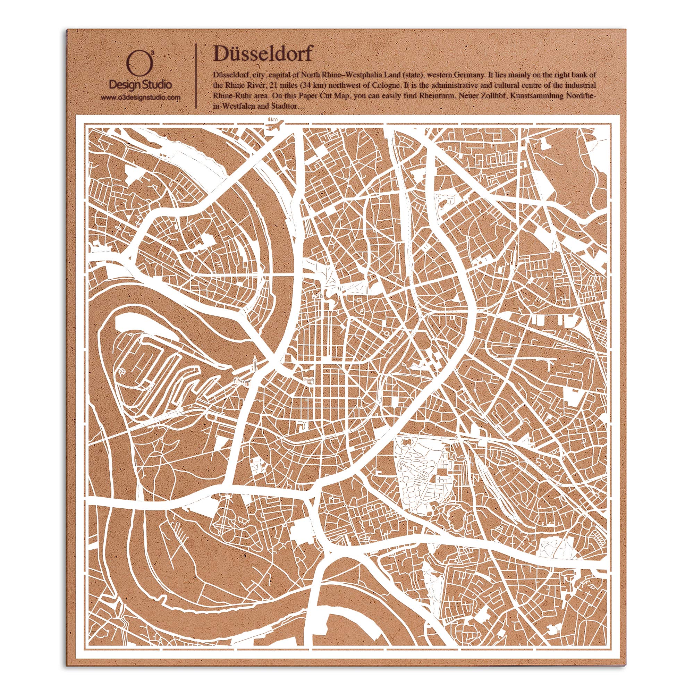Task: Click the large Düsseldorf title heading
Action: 263,54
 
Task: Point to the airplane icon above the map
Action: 277,123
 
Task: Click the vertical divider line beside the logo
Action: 196,76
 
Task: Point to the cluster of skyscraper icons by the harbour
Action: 241,381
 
